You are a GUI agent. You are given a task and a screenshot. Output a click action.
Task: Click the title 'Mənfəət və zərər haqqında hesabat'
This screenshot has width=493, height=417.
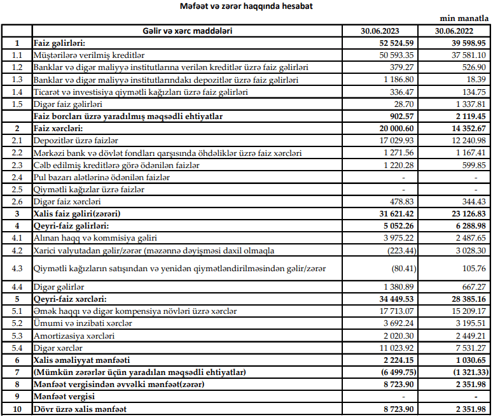(247, 6)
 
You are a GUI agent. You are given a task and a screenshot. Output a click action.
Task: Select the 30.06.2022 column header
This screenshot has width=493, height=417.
(461, 31)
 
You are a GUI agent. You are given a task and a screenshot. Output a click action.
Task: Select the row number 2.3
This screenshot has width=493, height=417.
(17, 165)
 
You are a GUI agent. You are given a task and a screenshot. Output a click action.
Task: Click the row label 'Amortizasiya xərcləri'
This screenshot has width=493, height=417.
(74, 336)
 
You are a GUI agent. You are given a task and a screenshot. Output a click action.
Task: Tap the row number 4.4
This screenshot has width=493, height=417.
(17, 287)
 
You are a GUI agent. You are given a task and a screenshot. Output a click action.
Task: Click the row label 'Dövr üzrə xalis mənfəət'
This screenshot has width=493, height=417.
(81, 409)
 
